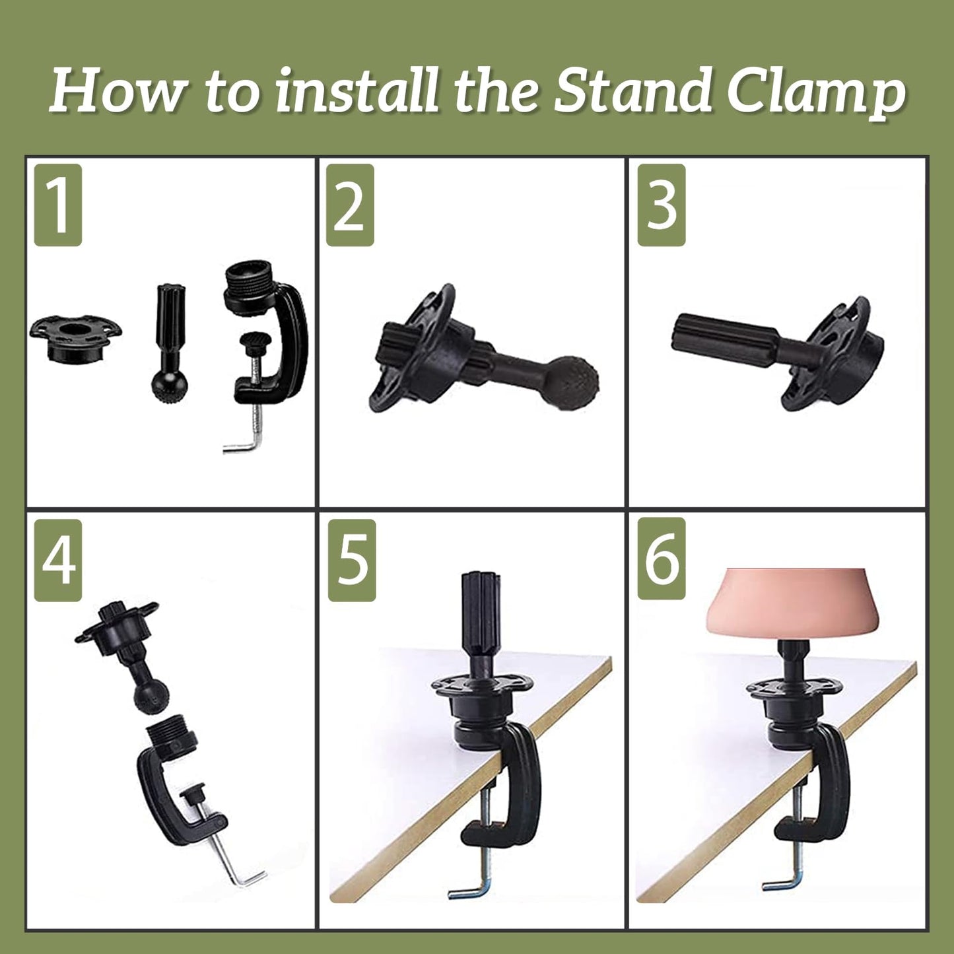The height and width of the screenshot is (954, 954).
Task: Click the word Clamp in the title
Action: (817, 92)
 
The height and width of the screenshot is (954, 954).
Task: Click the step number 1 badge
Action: (58, 205)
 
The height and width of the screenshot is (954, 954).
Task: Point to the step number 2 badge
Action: (350, 205)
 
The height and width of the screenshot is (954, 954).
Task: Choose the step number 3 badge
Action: (662, 205)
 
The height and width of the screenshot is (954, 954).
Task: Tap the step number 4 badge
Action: (58, 561)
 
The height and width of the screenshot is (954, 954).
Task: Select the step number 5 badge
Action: (352, 561)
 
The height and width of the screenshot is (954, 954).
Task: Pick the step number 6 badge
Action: (662, 559)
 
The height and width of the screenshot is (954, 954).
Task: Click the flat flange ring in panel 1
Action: (75, 338)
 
